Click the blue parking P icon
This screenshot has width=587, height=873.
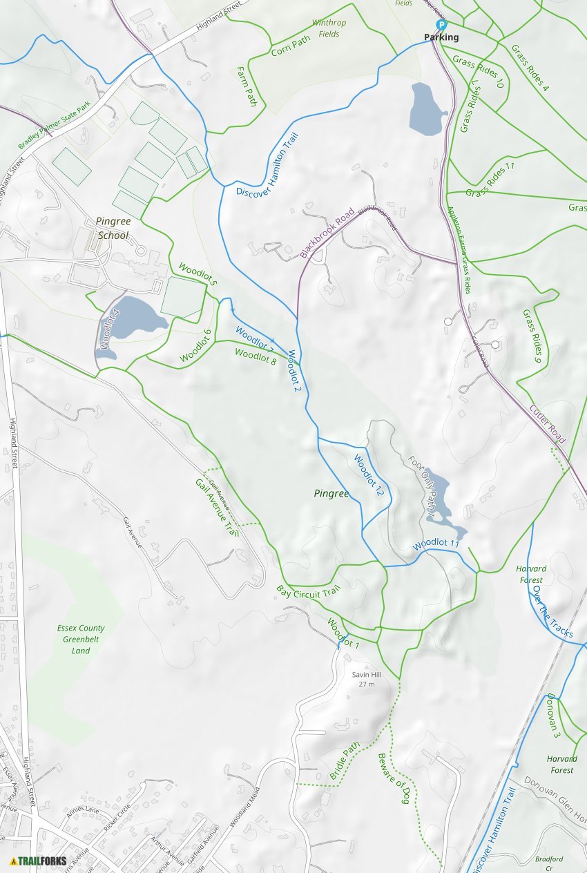(x=441, y=25)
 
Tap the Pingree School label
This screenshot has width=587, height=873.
(x=113, y=229)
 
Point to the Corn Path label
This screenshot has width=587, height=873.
(x=291, y=46)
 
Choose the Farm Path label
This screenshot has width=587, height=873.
(x=247, y=86)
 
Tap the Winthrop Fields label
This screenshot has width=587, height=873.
(x=329, y=28)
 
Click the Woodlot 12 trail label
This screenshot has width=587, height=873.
(x=368, y=475)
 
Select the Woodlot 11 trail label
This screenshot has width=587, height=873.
(x=436, y=544)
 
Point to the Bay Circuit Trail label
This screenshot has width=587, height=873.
(x=309, y=592)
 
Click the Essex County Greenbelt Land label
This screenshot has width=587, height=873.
(x=81, y=639)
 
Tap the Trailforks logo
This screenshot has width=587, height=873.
(x=39, y=861)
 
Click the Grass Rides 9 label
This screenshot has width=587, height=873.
(x=531, y=336)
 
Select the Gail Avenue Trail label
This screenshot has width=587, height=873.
(x=216, y=508)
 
